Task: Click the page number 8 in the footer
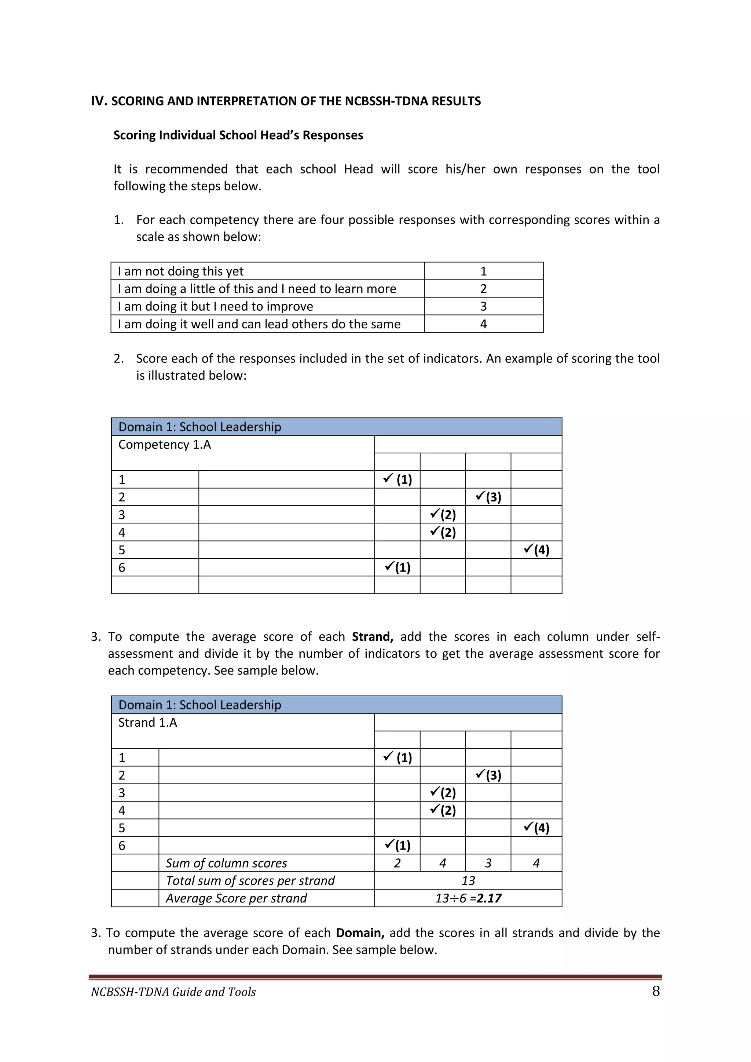coord(656,991)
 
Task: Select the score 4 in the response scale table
coord(483,324)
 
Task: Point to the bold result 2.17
coord(489,898)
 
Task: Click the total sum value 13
coord(468,881)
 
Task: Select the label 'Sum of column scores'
coord(226,863)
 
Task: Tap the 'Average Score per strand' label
coord(236,898)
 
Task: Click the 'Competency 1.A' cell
coord(165,445)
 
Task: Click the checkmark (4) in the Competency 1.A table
coord(536,550)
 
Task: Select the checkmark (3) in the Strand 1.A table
coord(488,775)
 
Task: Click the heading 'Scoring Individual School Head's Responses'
coord(238,135)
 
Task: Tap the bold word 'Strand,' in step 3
coord(372,636)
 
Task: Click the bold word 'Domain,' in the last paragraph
coord(360,933)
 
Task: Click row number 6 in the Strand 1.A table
coord(122,846)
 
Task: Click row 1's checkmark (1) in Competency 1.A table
coord(398,479)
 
